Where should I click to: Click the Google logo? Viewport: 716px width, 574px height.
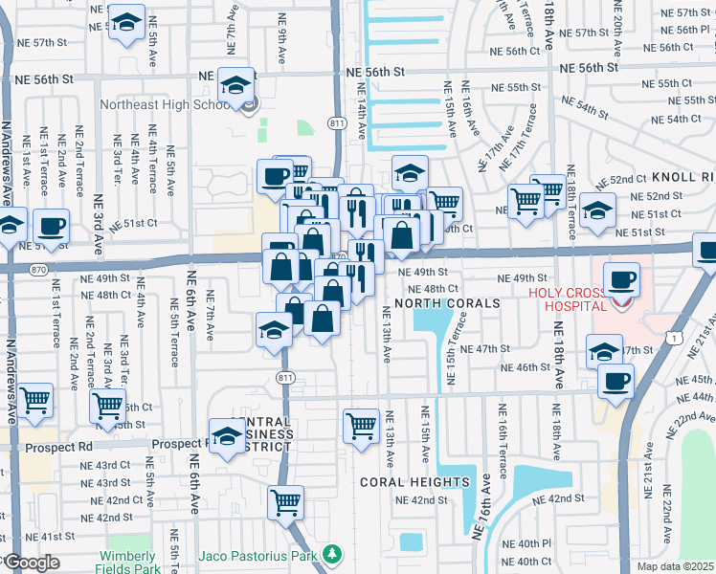31,563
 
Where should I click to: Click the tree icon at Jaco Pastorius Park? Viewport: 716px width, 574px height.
331,554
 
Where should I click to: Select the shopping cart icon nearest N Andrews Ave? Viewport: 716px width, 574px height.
35,400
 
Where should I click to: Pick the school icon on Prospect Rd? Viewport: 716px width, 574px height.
228,437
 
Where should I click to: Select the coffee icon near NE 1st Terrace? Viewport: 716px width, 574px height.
51,228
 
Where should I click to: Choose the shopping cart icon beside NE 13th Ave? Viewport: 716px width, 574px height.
361,424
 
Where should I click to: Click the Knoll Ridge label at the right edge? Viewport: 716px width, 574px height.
682,178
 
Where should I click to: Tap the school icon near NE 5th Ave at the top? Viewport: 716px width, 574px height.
124,26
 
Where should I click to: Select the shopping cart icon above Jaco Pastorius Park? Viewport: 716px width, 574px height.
285,502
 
